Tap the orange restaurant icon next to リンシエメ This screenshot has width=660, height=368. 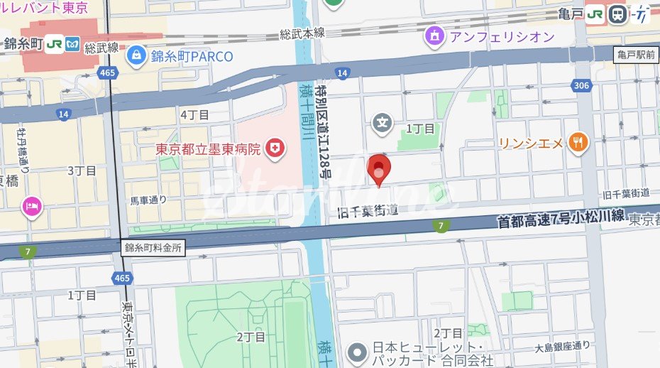pos(579,143)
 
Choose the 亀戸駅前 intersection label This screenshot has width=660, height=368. pos(636,54)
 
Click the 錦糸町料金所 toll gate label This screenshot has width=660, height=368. pos(153,248)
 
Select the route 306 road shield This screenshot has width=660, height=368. pos(581,86)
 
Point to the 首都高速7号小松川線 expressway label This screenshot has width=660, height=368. pos(561,218)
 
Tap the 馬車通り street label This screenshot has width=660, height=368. pos(148,200)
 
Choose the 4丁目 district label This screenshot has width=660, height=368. pos(194,114)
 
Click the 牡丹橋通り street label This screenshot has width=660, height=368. pos(22,150)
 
